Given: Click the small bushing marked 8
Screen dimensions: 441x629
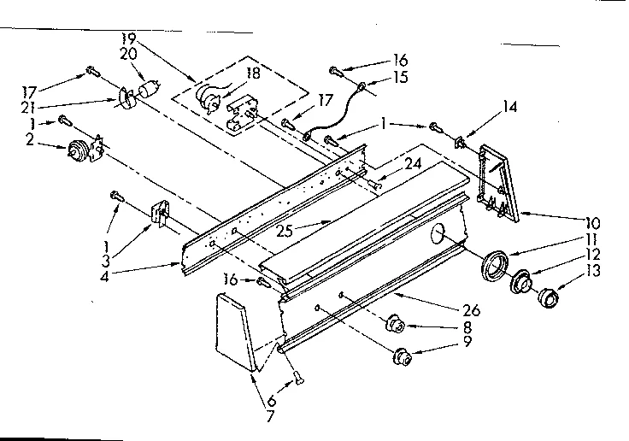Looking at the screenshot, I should coord(395,326).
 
